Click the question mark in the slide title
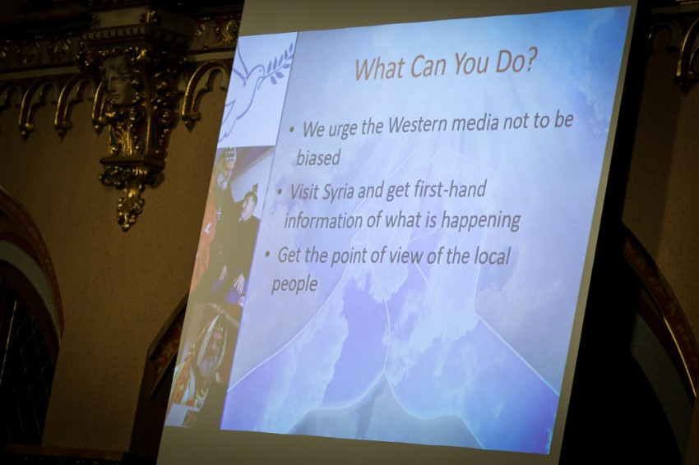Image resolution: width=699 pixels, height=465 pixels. [x=526, y=64]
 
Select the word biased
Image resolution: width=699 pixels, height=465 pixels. [x=319, y=157]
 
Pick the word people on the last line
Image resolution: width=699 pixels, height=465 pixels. [x=294, y=284]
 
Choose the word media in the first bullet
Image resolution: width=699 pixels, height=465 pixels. [x=473, y=123]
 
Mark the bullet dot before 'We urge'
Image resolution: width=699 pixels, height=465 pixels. [x=292, y=130]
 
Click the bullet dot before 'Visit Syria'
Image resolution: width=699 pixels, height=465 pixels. [x=280, y=193]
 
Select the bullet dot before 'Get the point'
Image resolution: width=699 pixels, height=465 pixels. [x=267, y=256]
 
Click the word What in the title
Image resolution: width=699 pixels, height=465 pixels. [x=380, y=69]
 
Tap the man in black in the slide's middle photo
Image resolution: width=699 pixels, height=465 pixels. [x=241, y=236]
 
